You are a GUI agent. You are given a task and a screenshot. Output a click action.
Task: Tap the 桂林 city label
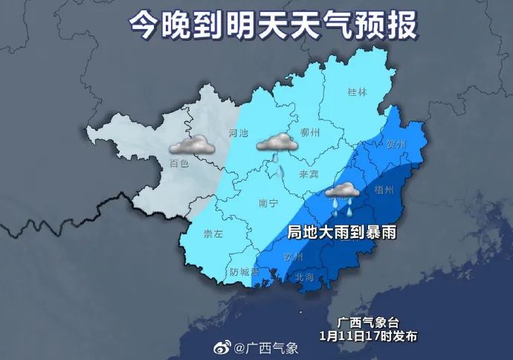[x=358, y=93]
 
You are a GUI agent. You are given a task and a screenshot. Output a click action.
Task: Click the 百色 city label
[x=178, y=164]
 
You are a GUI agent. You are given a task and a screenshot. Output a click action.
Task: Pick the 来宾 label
[x=309, y=174]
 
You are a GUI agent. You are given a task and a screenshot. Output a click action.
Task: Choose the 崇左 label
[x=213, y=234]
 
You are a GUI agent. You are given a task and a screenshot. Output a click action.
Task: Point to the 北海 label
[x=305, y=277]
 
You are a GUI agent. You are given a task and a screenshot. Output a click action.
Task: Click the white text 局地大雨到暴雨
[x=341, y=232]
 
